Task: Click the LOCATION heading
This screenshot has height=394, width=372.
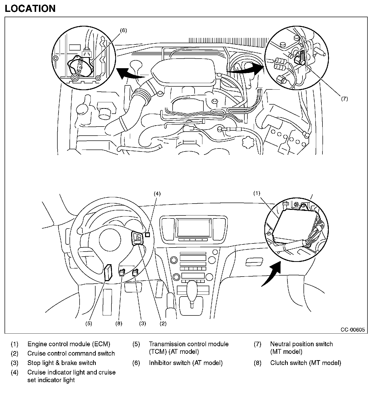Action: click(30, 9)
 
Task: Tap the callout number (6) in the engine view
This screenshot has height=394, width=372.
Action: click(123, 31)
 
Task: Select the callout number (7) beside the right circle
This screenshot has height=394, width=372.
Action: click(344, 99)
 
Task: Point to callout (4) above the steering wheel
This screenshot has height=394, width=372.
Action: click(157, 194)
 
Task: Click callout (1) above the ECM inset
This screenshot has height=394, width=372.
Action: click(257, 193)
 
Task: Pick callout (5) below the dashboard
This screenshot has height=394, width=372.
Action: click(88, 324)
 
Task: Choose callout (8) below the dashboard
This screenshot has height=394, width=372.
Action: click(119, 324)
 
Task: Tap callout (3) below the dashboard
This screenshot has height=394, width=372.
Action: click(143, 324)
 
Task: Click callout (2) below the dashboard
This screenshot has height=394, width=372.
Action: click(163, 324)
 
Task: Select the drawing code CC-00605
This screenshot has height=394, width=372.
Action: click(353, 330)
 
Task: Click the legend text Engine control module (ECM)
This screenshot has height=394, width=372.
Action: click(69, 344)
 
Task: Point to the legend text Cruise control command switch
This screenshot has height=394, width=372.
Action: click(71, 353)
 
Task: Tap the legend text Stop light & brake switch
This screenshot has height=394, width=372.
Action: click(62, 363)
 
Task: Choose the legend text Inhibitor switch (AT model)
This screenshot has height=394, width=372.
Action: click(186, 363)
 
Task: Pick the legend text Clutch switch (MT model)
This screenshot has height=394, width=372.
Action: click(306, 363)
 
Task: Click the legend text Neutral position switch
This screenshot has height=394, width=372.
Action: click(301, 344)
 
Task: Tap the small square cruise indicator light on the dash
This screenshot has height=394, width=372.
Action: click(148, 235)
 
